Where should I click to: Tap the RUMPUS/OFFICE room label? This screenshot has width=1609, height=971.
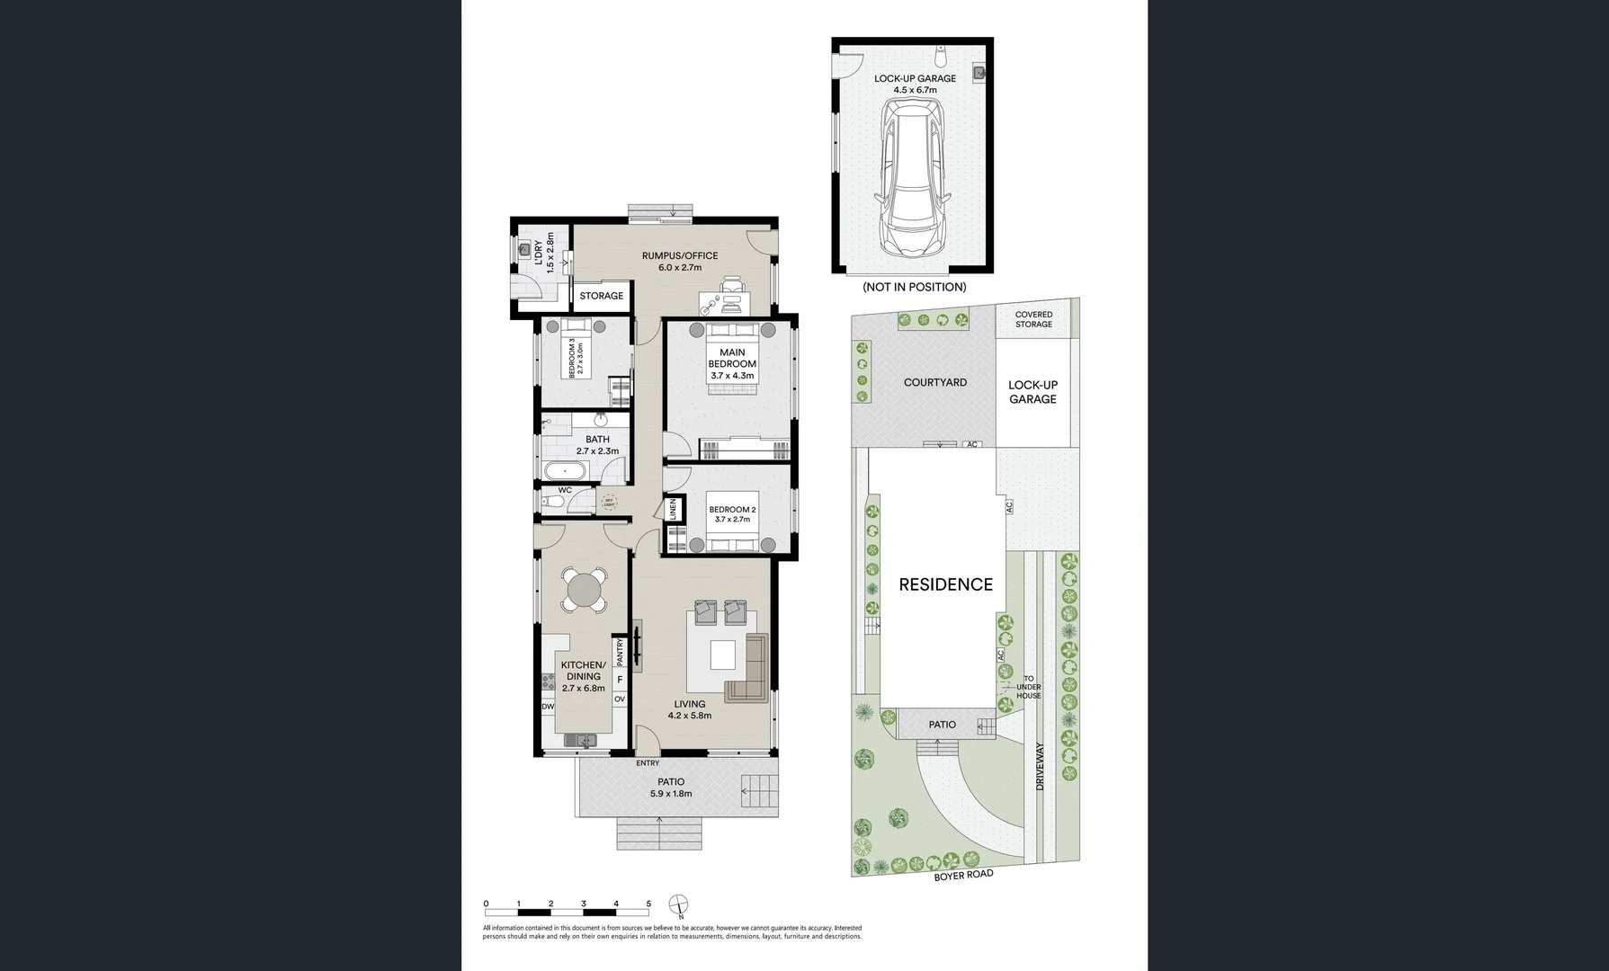click(x=679, y=256)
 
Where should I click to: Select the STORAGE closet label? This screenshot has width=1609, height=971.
click(x=601, y=296)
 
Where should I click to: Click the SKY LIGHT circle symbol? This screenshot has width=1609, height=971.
click(x=609, y=502)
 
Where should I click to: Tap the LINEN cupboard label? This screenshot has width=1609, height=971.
click(x=672, y=510)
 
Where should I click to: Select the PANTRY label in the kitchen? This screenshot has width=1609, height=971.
click(x=620, y=651)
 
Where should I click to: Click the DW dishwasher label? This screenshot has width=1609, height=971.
click(x=547, y=707)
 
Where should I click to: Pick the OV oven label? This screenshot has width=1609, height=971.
click(x=619, y=699)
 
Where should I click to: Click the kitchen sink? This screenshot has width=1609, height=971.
click(x=581, y=740)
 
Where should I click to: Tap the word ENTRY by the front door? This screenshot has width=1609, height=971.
click(x=648, y=763)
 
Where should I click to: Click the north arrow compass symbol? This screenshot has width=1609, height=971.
click(x=680, y=904)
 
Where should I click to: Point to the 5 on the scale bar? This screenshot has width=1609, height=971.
click(x=648, y=904)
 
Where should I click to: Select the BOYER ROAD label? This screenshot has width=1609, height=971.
click(x=963, y=875)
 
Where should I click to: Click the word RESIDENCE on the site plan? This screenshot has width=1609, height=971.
click(x=945, y=584)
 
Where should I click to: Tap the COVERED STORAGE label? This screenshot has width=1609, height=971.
click(x=1033, y=319)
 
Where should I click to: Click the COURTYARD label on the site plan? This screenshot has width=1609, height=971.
click(x=935, y=382)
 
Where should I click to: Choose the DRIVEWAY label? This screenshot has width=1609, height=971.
click(x=1041, y=766)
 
